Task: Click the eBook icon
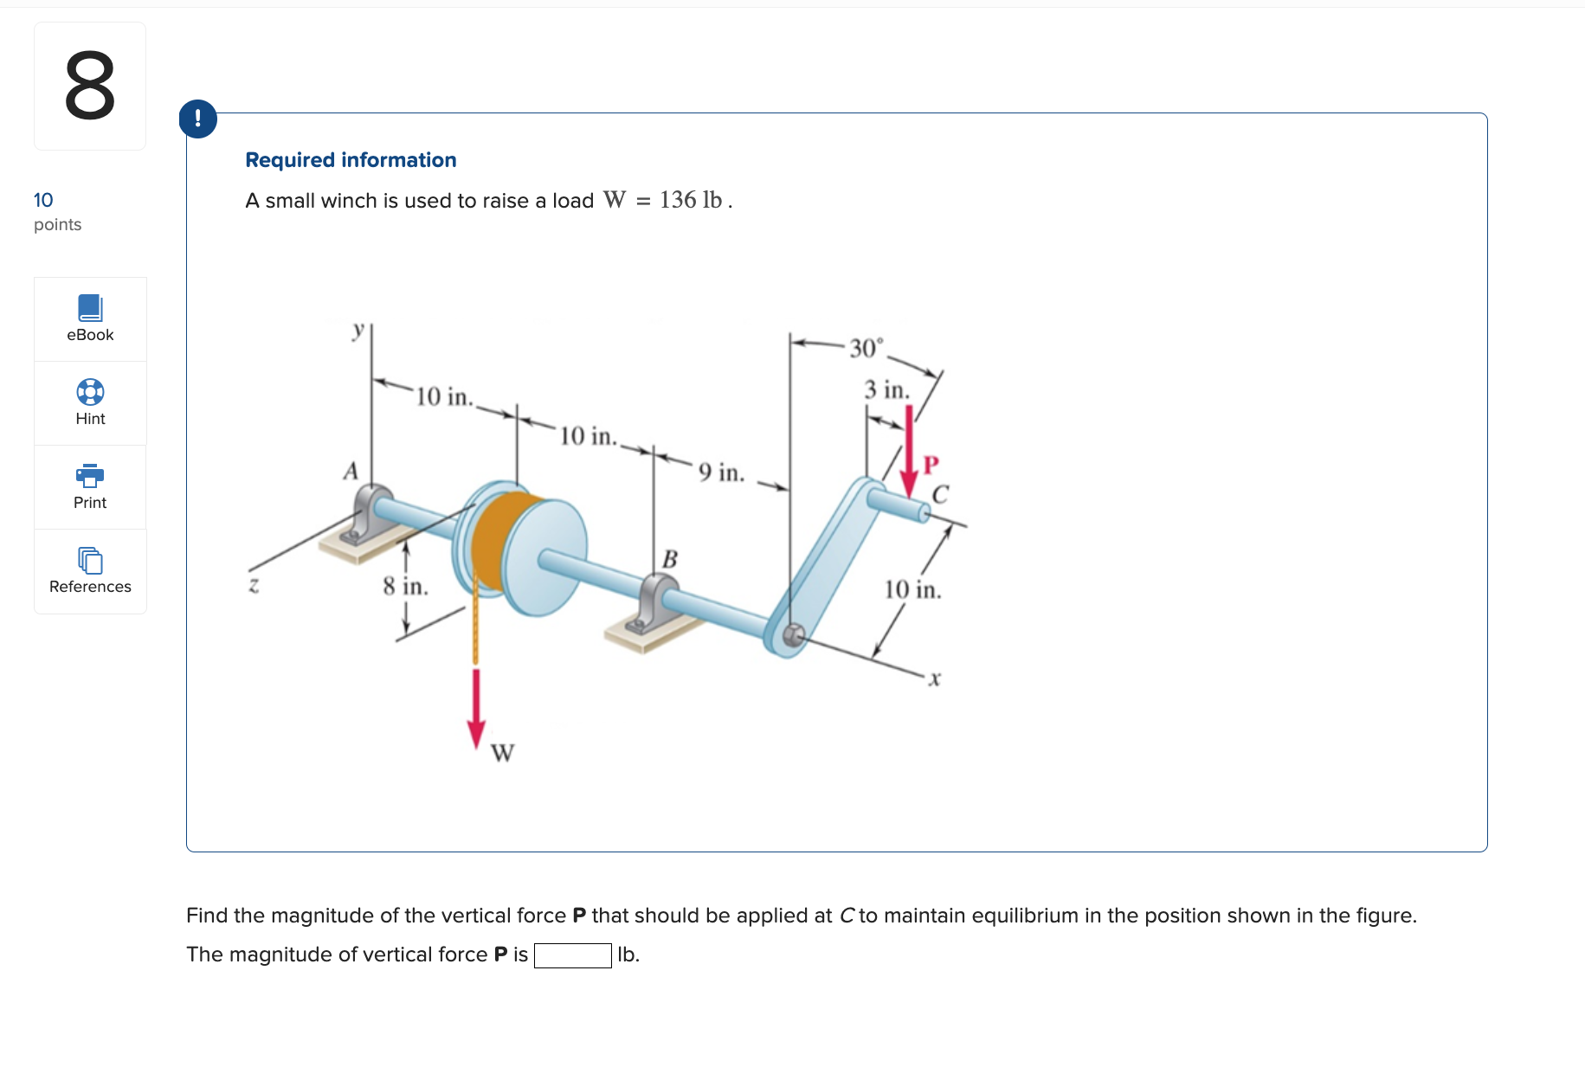90,308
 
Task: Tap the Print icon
90,476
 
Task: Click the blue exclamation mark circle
198,119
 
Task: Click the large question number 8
90,86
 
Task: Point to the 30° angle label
866,348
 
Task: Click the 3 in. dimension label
886,389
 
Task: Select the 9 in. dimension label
721,472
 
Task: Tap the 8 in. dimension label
405,587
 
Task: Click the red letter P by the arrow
931,465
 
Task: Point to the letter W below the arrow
502,753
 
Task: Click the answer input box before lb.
572,955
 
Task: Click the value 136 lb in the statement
691,200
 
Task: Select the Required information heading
351,160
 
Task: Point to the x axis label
934,679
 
